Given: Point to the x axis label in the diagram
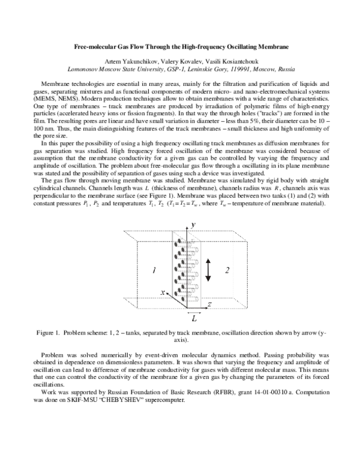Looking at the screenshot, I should click(163, 292).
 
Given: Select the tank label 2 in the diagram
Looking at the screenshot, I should click(227, 271).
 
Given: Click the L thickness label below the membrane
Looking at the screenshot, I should click(194, 321).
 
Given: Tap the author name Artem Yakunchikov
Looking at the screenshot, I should click(130, 62).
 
